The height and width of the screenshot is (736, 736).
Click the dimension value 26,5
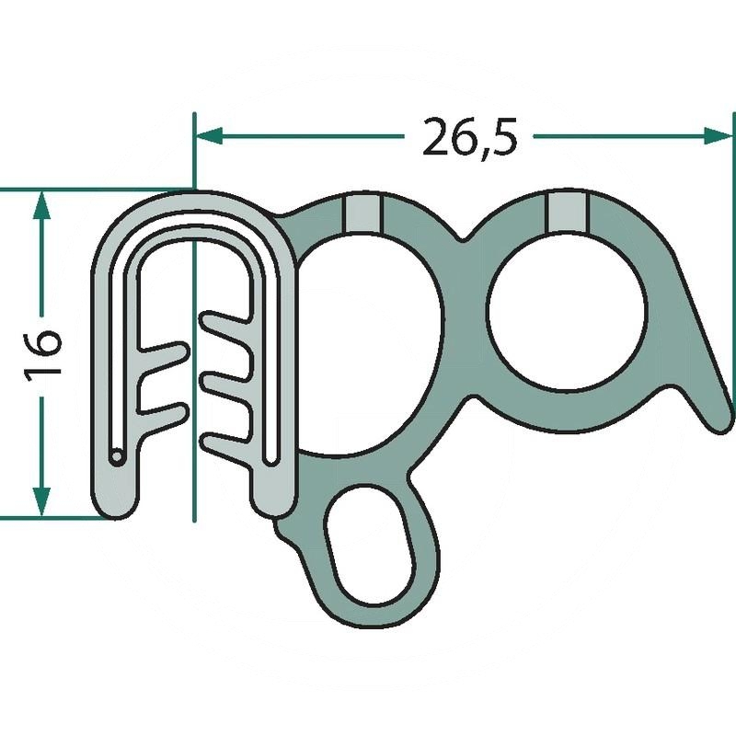pyautogui.click(x=470, y=136)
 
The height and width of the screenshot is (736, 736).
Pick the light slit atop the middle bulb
pyautogui.click(x=361, y=213)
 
